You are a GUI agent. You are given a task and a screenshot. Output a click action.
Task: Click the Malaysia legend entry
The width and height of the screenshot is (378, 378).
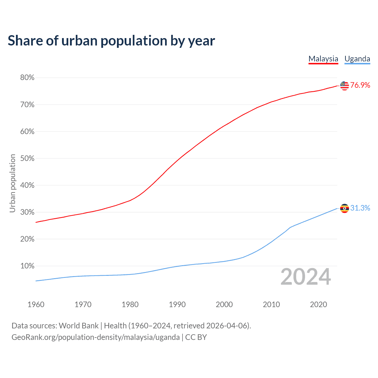[323, 59]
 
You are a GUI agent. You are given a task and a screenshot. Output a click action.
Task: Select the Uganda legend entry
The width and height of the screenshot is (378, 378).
[357, 59]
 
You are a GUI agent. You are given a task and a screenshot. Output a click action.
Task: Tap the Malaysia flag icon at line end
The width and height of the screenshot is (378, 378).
[344, 86]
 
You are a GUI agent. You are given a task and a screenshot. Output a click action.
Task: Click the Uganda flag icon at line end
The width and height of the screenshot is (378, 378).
[344, 208]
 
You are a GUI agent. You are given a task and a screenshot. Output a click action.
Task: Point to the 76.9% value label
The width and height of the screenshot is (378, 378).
[360, 85]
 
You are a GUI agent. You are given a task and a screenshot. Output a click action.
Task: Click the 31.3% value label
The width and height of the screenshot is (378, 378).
[360, 208]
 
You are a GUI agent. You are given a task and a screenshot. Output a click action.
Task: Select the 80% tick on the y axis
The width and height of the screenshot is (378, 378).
[27, 78]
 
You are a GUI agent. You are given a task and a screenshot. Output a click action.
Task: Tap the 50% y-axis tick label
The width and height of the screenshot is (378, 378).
[27, 159]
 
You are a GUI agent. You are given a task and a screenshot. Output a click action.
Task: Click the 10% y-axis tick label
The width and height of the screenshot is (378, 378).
[27, 266]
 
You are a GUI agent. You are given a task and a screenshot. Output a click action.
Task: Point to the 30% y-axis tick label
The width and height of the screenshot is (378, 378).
[27, 212]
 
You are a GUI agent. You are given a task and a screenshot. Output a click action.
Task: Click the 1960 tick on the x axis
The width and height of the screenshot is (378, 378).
[36, 304]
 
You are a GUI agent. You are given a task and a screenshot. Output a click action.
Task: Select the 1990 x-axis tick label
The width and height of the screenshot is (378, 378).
[177, 304]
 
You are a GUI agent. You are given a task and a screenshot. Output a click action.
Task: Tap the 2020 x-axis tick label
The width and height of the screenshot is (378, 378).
[318, 304]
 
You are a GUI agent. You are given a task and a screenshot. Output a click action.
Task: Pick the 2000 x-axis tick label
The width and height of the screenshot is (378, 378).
[224, 304]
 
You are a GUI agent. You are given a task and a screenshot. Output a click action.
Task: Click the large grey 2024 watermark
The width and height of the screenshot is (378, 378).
[306, 277]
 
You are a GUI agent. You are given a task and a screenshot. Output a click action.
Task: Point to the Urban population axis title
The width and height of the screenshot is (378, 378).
[12, 183]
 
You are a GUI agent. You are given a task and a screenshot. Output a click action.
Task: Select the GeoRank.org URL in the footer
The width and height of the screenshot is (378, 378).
[95, 337]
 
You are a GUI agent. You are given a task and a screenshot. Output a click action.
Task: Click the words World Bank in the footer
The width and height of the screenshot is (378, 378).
[79, 326]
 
